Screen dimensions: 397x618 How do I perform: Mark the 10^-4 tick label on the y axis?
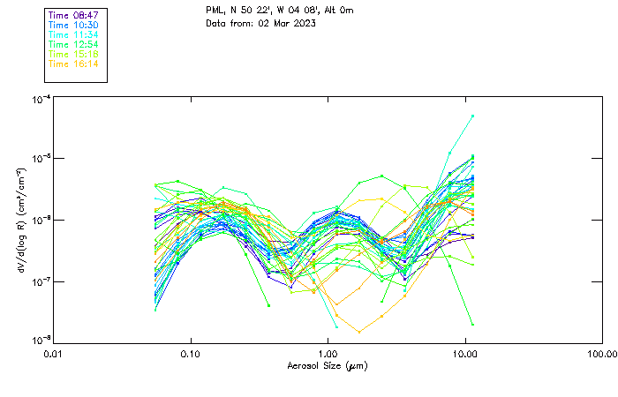(x=40, y=100)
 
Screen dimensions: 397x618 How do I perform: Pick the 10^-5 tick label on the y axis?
(x=40, y=159)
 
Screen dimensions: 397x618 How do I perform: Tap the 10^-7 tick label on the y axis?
(x=40, y=281)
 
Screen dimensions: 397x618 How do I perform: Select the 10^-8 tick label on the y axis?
(x=40, y=340)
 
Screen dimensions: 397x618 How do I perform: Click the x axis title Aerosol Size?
(x=327, y=365)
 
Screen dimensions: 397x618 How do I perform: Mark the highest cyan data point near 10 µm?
(x=473, y=116)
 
